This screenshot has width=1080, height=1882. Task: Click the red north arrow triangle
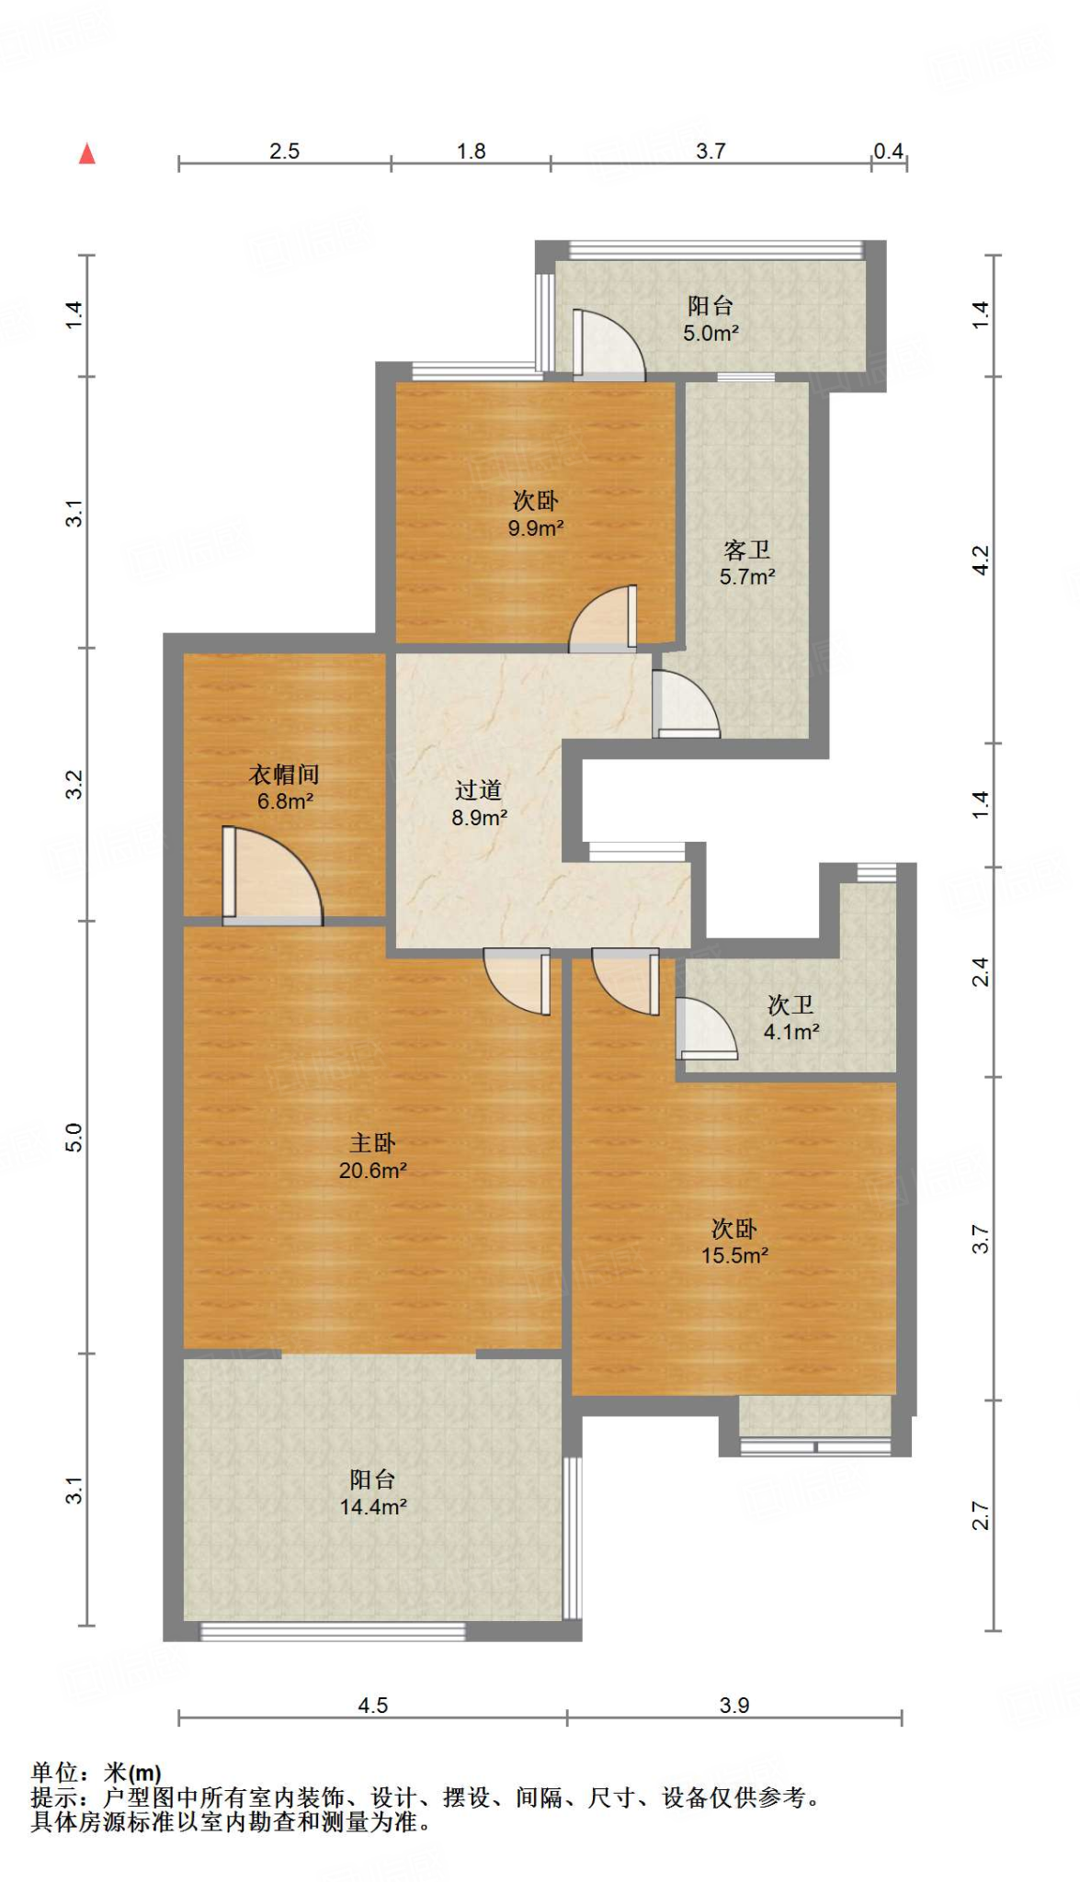click(87, 153)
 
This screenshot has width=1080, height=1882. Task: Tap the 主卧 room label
click(372, 1143)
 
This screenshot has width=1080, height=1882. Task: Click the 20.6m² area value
click(372, 1170)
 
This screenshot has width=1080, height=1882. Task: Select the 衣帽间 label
click(284, 775)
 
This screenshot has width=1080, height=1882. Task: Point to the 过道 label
click(478, 790)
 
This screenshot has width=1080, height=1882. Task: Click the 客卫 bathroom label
click(746, 550)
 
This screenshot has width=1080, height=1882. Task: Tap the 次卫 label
click(790, 1005)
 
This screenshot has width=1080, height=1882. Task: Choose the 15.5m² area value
click(734, 1255)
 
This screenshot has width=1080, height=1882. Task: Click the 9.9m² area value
click(535, 528)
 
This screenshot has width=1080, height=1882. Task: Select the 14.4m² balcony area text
click(372, 1506)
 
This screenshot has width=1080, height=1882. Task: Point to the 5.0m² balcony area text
click(711, 334)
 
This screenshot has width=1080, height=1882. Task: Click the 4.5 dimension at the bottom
click(372, 1706)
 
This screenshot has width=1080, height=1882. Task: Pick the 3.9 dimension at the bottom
click(734, 1706)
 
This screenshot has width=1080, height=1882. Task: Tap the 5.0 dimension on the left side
click(74, 1138)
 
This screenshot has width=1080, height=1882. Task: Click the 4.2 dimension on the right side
click(981, 560)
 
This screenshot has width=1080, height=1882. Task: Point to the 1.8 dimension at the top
click(472, 152)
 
